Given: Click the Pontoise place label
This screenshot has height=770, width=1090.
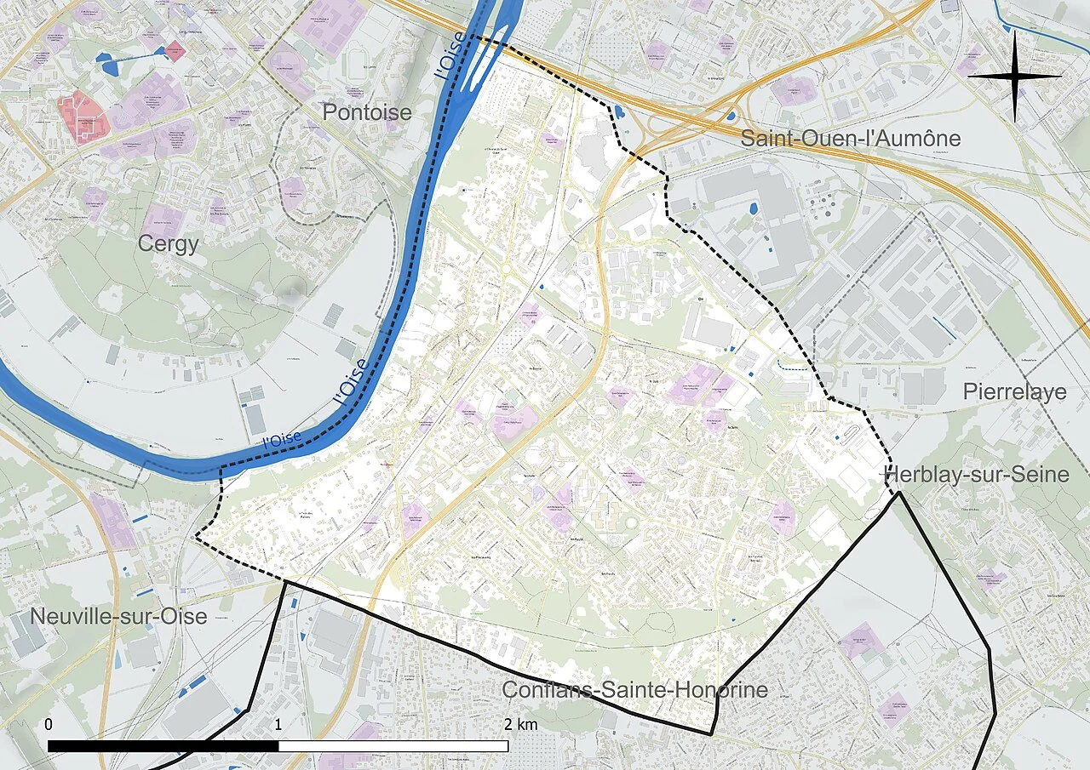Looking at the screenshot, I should (367, 112).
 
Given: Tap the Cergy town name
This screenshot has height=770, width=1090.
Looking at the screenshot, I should (168, 244).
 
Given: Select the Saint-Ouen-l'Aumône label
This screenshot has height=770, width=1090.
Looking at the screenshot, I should (850, 139).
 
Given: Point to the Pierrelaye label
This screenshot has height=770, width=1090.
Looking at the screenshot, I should (1014, 391).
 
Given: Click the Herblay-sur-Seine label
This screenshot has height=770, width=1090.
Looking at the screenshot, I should (977, 475).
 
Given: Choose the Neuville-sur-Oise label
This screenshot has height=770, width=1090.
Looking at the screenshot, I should (118, 616).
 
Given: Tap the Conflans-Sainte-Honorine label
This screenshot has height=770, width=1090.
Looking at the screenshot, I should (634, 690).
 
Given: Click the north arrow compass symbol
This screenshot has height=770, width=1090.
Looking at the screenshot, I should (1014, 77).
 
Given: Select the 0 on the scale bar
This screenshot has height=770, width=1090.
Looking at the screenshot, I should (48, 725).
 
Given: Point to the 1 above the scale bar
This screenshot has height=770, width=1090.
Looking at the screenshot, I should (278, 725).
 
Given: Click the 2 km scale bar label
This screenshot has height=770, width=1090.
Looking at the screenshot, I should (519, 725).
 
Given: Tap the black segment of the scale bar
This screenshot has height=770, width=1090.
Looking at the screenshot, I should (163, 746).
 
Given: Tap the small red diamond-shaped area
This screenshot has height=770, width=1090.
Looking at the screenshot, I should (175, 51).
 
